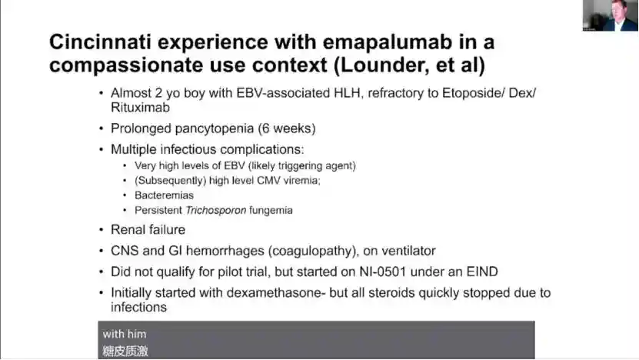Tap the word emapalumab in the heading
click(x=384, y=43)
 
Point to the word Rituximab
click(x=140, y=108)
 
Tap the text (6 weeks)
click(x=287, y=128)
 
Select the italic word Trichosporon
click(x=215, y=210)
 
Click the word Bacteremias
click(x=164, y=195)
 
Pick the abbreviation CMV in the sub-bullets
click(x=269, y=180)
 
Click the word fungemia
click(x=271, y=210)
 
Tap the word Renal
click(x=126, y=230)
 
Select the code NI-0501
click(x=383, y=272)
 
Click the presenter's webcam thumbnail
click(x=611, y=15)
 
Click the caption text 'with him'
click(x=125, y=334)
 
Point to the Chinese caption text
click(x=125, y=351)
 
